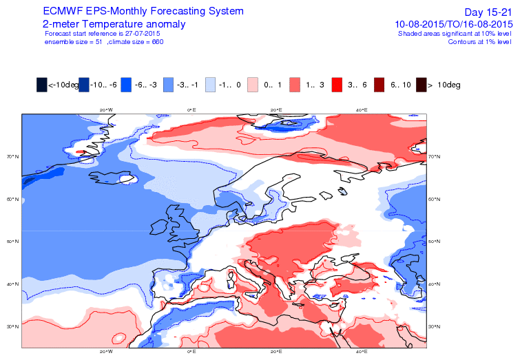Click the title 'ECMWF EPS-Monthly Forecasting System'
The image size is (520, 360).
point(143,12)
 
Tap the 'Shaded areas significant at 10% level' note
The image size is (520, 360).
point(454,33)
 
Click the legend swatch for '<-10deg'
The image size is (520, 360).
point(41,85)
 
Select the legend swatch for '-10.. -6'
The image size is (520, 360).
point(83,85)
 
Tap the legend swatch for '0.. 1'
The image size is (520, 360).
point(253,85)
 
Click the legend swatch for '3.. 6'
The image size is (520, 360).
point(338,85)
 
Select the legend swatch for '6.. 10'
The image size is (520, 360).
point(381,85)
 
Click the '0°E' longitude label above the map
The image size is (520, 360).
point(191,109)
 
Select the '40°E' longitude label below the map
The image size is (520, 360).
point(361,352)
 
